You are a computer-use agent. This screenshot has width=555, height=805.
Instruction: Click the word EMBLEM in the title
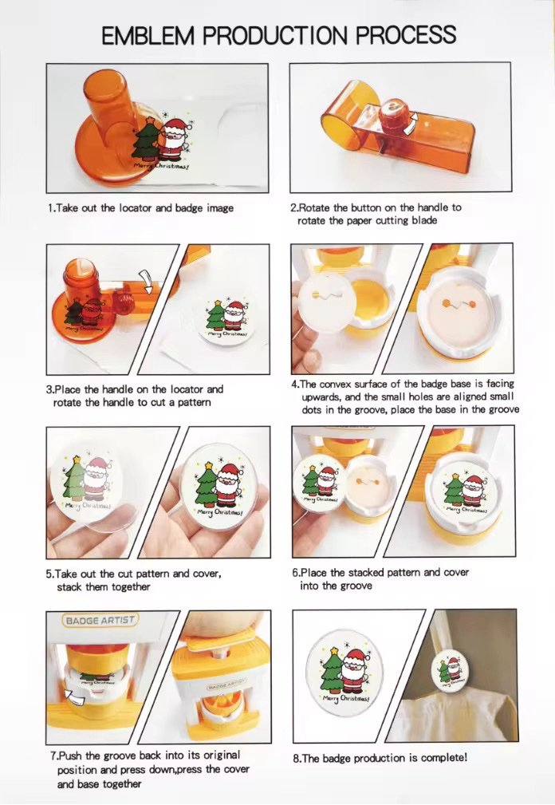pos(148,36)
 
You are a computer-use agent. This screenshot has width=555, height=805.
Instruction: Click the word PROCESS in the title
pos(406,35)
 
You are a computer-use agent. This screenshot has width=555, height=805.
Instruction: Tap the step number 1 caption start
pos(51,208)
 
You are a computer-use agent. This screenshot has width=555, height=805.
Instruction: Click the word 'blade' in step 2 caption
pos(424,221)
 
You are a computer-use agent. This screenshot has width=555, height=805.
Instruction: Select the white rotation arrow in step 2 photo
pos(410,124)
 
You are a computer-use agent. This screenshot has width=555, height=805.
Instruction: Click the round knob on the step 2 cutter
pos(393,109)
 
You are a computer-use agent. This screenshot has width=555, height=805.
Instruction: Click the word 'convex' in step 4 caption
pos(336,384)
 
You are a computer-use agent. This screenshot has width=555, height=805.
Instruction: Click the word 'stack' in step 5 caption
pos(69,587)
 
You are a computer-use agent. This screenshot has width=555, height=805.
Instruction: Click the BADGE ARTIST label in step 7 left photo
pos(100,620)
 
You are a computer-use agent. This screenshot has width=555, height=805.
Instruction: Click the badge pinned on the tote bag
pos(451,669)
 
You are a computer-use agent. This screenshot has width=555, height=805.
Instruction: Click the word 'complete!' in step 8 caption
pos(444,758)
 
